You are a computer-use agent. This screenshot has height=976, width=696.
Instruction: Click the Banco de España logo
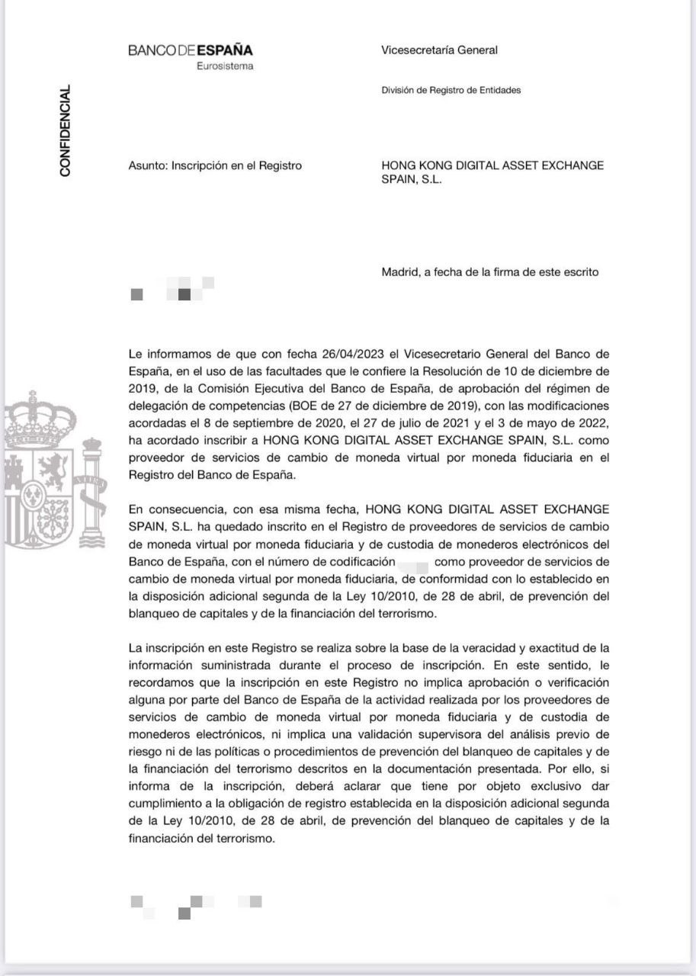point(190,50)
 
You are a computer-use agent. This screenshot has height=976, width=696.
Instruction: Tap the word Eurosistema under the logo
point(225,66)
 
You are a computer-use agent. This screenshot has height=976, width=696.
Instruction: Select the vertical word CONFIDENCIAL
point(66,131)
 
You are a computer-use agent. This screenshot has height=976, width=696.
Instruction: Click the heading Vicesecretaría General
point(439,50)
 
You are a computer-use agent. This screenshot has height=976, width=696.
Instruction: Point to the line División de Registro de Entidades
point(451,90)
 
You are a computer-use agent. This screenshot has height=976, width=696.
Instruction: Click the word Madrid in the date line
point(399,272)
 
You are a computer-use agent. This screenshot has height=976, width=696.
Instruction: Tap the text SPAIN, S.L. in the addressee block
point(412,180)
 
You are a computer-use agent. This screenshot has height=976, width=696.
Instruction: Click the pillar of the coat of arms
point(91,488)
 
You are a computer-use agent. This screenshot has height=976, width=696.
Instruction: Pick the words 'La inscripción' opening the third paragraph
point(165,648)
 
